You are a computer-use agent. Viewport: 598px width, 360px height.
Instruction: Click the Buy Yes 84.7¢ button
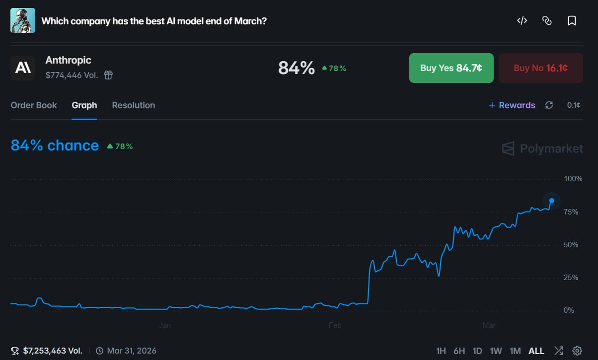coord(451,68)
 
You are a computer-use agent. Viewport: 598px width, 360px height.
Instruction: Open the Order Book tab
coord(34,105)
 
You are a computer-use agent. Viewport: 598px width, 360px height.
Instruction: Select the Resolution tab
coord(133,105)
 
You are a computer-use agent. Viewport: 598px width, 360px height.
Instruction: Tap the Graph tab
coord(84,105)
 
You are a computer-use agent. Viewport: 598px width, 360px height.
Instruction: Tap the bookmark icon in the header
coord(572,21)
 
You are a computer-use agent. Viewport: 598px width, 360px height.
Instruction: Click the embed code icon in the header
coord(522,21)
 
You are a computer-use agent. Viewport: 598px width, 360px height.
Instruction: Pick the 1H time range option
coord(441,351)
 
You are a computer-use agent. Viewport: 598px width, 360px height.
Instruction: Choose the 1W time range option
coord(496,351)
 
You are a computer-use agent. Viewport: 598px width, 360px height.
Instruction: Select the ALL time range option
coord(536,351)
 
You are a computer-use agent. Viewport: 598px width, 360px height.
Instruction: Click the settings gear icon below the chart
coord(577,351)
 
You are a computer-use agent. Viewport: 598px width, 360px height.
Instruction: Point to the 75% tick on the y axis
coord(571,212)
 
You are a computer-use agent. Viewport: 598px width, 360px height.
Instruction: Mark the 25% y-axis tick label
coord(571,278)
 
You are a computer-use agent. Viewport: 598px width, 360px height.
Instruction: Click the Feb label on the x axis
coord(335,326)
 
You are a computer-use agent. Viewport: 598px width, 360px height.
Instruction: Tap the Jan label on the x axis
coord(165,326)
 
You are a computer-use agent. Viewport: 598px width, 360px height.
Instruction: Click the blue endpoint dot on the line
coord(552,201)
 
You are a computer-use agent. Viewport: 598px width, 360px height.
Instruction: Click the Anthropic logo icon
coord(23,68)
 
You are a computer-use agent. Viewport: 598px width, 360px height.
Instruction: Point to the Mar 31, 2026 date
coord(131,351)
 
